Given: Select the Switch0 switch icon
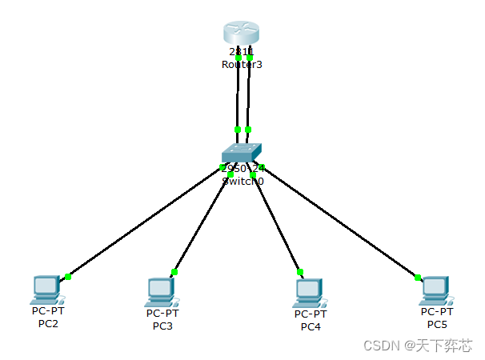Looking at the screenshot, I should [x=242, y=153].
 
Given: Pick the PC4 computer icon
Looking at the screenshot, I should [x=308, y=291].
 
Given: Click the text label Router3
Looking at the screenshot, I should [x=242, y=64].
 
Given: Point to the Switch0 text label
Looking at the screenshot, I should [x=242, y=181].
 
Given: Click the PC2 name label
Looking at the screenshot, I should [x=48, y=323].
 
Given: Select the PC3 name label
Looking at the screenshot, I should [x=163, y=326].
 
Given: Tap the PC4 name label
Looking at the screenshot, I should [x=311, y=326].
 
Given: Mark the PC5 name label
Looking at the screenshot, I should [x=437, y=324].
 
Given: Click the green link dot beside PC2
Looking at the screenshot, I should [x=68, y=277].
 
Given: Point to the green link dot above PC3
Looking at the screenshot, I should [x=174, y=272].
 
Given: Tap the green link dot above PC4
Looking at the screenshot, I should [x=299, y=272].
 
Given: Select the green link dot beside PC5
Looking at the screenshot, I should [x=418, y=278].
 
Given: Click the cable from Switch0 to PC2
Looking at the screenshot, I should [x=144, y=222].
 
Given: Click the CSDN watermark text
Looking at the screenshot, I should [x=417, y=345].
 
